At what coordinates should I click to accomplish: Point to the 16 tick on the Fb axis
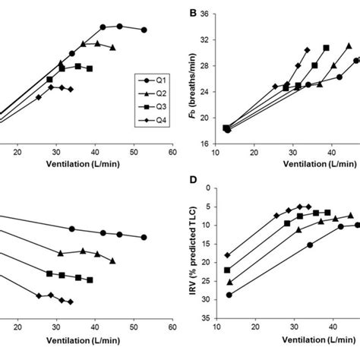(x=207, y=144)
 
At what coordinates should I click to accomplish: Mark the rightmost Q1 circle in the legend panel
(x=144, y=30)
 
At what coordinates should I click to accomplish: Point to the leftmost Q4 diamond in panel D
(x=228, y=255)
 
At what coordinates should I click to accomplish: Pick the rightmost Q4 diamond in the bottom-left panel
(x=71, y=302)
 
